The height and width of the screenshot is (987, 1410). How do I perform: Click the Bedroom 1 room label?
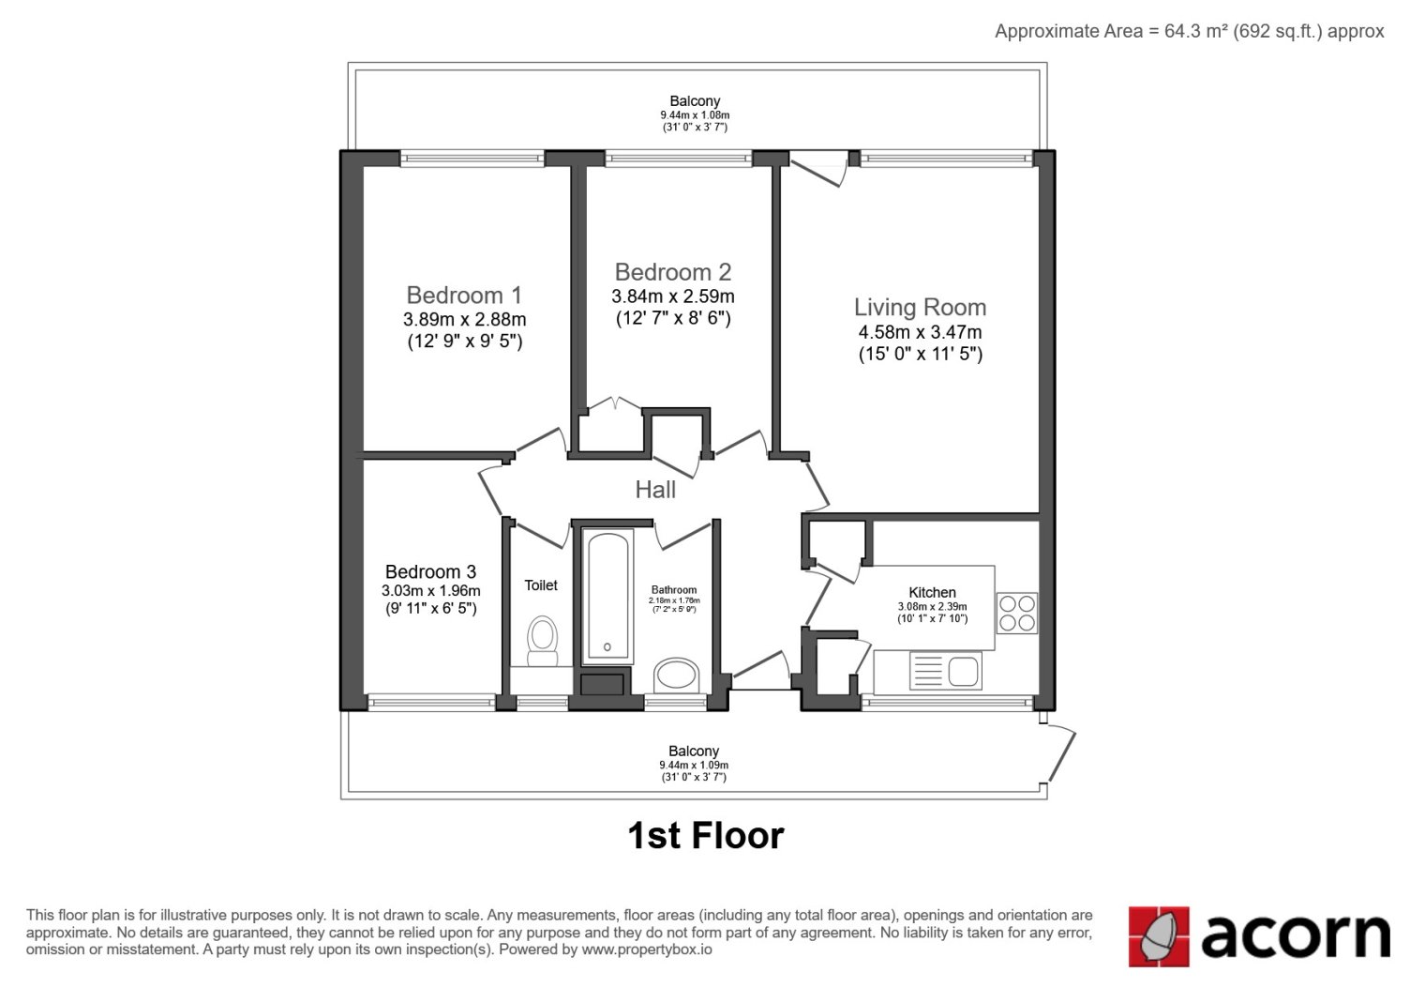[465, 295]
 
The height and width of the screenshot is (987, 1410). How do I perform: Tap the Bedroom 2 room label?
[673, 272]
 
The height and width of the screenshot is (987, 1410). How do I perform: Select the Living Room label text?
[920, 308]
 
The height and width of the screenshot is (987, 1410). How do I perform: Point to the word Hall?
[655, 490]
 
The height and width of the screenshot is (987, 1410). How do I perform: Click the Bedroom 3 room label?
[430, 571]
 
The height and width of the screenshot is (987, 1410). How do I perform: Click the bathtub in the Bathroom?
[607, 596]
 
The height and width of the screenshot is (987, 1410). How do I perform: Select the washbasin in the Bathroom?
[677, 676]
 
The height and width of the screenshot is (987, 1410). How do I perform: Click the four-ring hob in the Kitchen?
[1017, 613]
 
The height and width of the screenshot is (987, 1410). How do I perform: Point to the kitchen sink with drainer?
[945, 670]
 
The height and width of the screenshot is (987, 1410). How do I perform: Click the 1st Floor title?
[706, 836]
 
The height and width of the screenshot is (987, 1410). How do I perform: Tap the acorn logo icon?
[1159, 936]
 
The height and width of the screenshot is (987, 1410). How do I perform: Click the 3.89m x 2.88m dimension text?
[465, 319]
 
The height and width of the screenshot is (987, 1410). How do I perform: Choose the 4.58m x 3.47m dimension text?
[920, 332]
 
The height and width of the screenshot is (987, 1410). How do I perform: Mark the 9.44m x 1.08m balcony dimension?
[695, 115]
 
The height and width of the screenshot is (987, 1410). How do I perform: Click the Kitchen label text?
[932, 592]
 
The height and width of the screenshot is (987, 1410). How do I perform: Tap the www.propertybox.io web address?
[647, 949]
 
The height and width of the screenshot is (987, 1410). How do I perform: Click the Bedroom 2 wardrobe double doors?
[615, 403]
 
